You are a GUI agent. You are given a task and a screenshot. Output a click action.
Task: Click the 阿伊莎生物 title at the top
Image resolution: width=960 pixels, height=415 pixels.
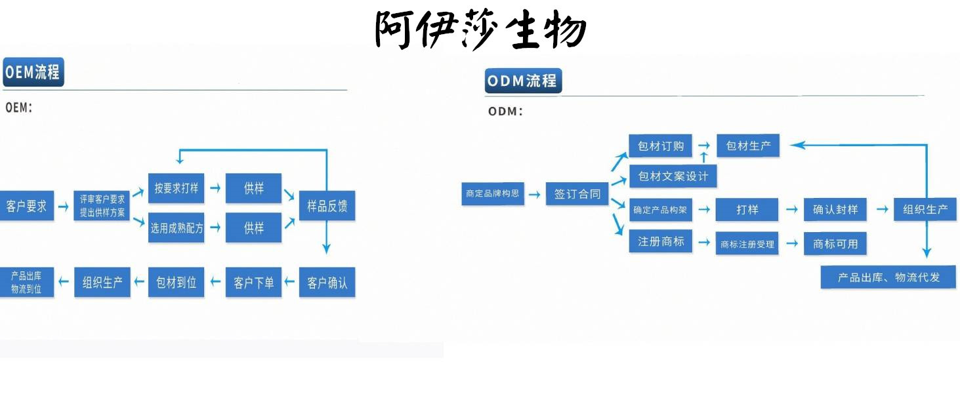[x=480, y=30]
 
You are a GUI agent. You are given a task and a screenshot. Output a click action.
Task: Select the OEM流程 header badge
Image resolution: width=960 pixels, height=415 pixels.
[x=33, y=72]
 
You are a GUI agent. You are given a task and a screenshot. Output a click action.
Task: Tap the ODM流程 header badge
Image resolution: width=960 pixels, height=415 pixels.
[x=523, y=81]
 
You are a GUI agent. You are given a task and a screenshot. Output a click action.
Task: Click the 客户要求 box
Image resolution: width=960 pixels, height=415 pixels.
[x=27, y=206]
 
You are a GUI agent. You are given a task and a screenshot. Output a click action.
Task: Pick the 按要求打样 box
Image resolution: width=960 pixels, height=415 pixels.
[x=176, y=188]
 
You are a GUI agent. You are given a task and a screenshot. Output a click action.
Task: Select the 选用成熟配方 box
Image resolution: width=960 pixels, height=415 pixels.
[x=176, y=227]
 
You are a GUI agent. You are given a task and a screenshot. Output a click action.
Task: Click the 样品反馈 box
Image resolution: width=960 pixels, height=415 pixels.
[x=327, y=206]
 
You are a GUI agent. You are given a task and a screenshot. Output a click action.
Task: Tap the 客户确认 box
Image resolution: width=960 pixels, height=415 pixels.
[x=327, y=283]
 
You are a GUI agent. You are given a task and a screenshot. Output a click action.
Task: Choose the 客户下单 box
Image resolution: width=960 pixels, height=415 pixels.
[x=253, y=283]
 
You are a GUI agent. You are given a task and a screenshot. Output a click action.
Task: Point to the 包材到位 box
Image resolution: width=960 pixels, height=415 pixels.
[x=176, y=283]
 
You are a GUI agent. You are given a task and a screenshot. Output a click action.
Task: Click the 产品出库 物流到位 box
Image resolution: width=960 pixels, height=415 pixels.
[x=27, y=283]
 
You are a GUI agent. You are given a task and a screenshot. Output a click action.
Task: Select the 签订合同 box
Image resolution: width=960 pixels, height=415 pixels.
[x=577, y=193]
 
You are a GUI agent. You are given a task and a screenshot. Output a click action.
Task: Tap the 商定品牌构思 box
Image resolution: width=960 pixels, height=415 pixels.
[x=493, y=193]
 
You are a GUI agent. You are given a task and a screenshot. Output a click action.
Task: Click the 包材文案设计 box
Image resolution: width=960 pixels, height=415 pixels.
[x=673, y=176]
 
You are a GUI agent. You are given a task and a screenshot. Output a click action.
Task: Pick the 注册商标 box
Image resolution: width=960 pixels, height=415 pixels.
[x=660, y=241]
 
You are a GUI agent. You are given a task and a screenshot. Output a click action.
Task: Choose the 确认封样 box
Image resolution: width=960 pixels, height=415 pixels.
[x=835, y=210]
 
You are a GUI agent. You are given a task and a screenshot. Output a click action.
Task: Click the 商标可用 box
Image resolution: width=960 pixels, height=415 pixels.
[x=835, y=243]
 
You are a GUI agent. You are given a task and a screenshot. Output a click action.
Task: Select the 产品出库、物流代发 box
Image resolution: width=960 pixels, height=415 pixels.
[x=888, y=277]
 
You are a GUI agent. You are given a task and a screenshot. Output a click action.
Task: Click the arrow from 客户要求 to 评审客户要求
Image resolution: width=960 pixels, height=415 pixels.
[x=63, y=207]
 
